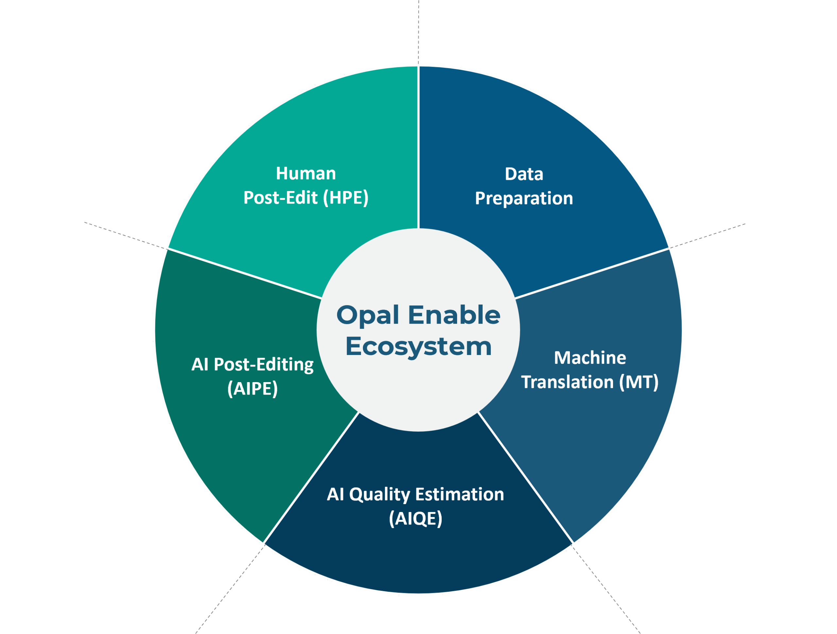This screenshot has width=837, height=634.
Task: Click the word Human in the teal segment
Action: (306, 173)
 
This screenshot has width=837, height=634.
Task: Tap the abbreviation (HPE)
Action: (346, 198)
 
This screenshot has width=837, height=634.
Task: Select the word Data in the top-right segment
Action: (524, 174)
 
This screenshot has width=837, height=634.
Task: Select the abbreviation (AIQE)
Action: (416, 519)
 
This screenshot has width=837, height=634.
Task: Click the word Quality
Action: (380, 495)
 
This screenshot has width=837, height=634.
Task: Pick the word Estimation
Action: (460, 494)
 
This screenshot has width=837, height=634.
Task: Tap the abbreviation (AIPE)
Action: (252, 389)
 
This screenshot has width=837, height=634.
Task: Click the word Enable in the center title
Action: (454, 315)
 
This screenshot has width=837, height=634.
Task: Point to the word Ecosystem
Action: (418, 347)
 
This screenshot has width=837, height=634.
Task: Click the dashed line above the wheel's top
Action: (418, 33)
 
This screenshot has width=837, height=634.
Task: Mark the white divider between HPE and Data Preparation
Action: (418, 148)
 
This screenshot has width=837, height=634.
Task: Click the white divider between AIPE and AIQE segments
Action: (311, 477)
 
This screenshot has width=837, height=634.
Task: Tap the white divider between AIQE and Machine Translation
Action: (526, 477)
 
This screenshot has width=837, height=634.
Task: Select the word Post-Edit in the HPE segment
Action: (281, 198)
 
